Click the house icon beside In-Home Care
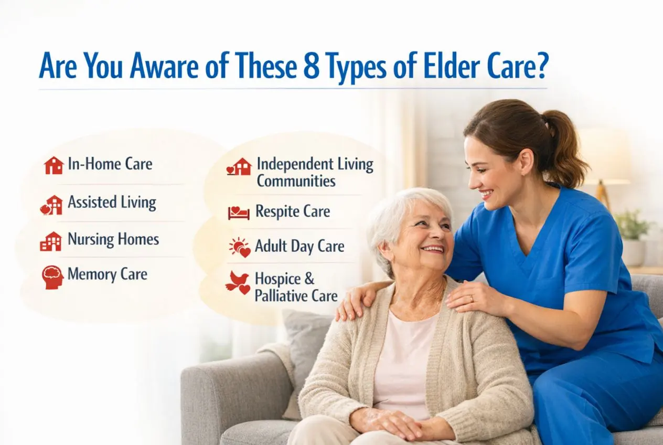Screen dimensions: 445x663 (x=54, y=165)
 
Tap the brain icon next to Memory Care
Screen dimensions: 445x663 (x=52, y=277)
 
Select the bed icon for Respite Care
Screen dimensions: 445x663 (x=239, y=213)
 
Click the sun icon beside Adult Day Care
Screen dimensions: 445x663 (x=240, y=247)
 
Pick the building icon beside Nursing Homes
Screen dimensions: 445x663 (x=51, y=241)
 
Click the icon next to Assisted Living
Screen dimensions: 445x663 (x=51, y=205)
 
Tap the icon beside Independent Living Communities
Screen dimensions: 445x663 (x=239, y=167)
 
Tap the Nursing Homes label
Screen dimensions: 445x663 (x=113, y=240)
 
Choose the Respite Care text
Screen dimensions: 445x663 (x=293, y=211)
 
